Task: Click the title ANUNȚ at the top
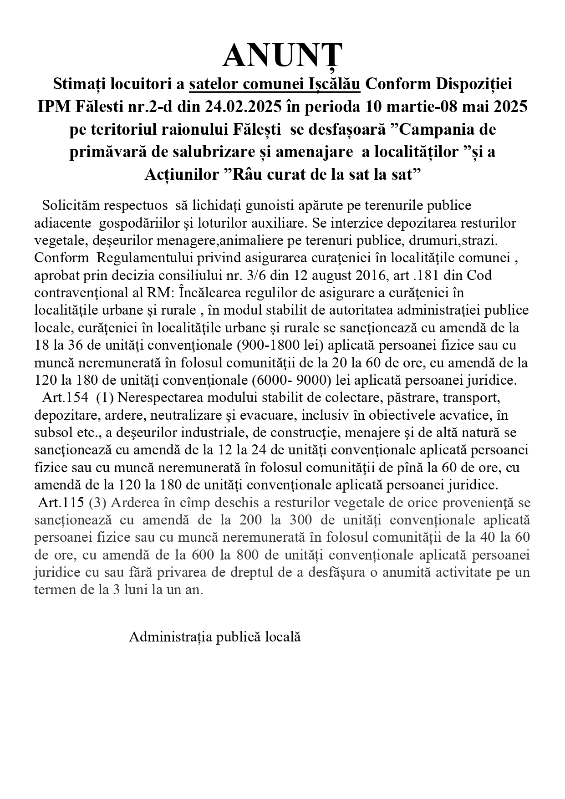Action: pos(282,56)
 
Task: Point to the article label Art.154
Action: pos(65,397)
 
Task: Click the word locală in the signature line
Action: pos(283,636)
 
